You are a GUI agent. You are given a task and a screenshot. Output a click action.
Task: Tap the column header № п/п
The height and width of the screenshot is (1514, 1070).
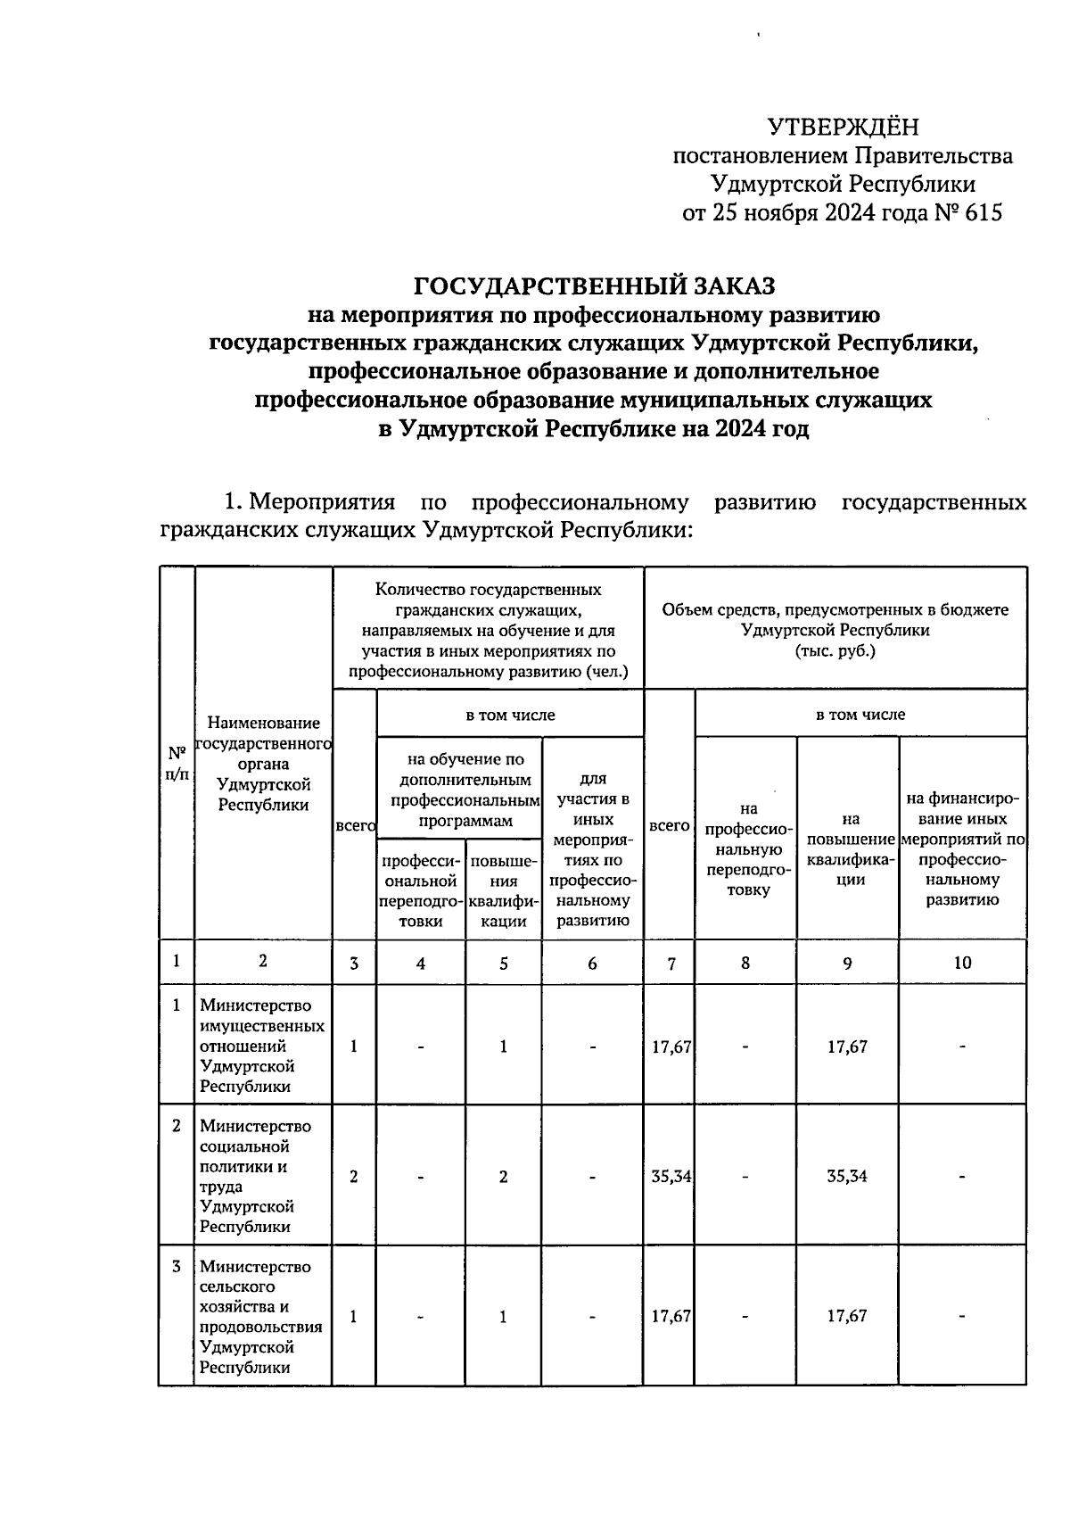[x=177, y=764]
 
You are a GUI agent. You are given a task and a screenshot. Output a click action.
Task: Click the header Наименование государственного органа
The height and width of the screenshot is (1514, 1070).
[x=263, y=763]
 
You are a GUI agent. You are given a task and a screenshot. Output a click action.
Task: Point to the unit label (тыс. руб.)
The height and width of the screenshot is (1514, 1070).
[x=835, y=651]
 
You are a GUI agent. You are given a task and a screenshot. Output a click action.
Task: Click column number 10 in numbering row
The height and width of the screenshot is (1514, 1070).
[x=962, y=963]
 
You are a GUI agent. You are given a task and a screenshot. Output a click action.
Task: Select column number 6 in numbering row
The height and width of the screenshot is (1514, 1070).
[x=592, y=963]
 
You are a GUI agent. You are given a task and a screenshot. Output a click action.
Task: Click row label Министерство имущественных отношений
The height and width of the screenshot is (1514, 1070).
[x=262, y=1046]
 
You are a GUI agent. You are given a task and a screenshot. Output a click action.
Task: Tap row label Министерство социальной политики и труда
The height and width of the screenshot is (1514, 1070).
[x=262, y=1176]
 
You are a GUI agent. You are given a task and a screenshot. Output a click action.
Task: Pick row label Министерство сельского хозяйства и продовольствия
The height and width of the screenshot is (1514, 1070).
[x=262, y=1316]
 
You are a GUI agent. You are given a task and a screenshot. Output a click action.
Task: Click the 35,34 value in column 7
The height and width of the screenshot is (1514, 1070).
[x=671, y=1176]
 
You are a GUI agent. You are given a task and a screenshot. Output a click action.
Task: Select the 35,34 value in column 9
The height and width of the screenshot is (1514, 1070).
[x=846, y=1176]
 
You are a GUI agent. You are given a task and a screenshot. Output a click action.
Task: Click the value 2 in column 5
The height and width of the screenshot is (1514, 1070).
[x=503, y=1176]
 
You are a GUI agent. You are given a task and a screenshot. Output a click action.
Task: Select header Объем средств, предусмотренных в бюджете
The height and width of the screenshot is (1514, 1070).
[x=835, y=611]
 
